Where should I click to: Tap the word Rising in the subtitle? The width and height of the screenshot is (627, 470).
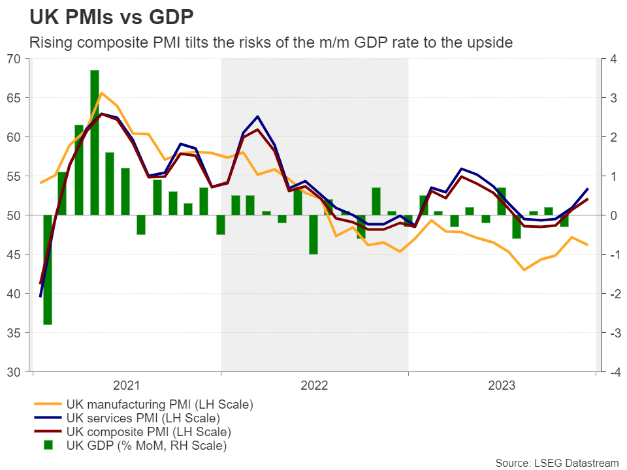49,42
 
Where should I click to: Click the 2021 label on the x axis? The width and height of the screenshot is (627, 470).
127,385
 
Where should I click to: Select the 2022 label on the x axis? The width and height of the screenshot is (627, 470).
314,385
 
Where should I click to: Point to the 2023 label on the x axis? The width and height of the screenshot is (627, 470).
502,385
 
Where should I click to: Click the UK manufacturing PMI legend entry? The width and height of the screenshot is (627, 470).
159,404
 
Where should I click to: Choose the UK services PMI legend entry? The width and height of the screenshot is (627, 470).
142,418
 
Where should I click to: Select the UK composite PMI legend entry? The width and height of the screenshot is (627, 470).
148,431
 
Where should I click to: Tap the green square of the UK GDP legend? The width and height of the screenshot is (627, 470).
47,446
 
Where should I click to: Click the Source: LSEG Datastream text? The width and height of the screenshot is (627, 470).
556,462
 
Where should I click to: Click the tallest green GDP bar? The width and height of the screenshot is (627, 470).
95,142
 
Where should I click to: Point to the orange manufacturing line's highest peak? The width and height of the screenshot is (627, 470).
101,93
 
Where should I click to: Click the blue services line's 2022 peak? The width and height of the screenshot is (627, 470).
258,116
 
